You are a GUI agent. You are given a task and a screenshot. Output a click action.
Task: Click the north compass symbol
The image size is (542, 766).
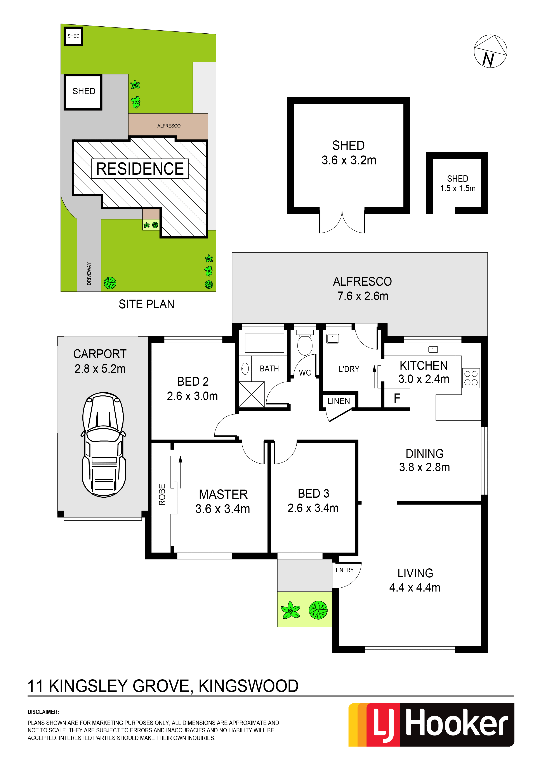click(x=490, y=51)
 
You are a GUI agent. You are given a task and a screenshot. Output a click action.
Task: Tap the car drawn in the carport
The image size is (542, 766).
click(x=104, y=445)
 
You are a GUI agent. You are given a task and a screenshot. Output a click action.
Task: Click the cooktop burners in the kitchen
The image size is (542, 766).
click(x=471, y=378)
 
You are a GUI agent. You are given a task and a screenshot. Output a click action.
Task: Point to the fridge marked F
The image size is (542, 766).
click(x=397, y=398)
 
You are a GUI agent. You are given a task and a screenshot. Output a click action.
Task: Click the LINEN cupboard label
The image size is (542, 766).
click(x=339, y=401)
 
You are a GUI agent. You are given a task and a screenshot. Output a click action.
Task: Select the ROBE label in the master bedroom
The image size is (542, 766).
click(x=162, y=495)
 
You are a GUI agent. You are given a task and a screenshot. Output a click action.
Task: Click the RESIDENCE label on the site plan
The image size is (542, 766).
click(x=140, y=169)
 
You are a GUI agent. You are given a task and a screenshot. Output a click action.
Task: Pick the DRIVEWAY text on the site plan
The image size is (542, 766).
click(x=89, y=274)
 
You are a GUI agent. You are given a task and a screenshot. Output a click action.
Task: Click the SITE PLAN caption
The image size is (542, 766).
click(x=147, y=304)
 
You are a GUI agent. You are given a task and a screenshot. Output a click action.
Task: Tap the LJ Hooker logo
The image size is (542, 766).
click(x=431, y=725)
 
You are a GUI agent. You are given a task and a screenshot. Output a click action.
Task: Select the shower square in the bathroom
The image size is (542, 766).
click(x=252, y=395)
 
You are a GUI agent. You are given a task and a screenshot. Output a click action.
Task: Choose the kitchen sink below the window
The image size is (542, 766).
click(x=433, y=349)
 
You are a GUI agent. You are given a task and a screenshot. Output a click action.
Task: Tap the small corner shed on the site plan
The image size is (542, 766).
click(x=73, y=36)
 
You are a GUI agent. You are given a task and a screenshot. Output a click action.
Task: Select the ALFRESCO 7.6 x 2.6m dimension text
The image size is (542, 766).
click(x=363, y=296)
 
